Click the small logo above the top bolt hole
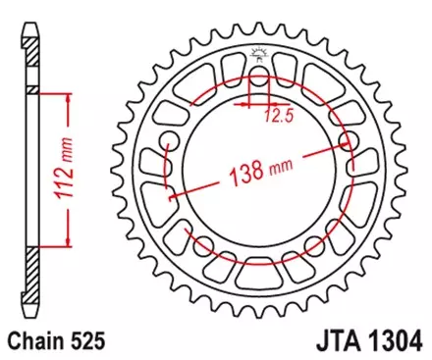[x=258, y=54]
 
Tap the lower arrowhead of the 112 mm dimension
[x=68, y=241]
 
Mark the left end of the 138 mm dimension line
[x=171, y=199]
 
